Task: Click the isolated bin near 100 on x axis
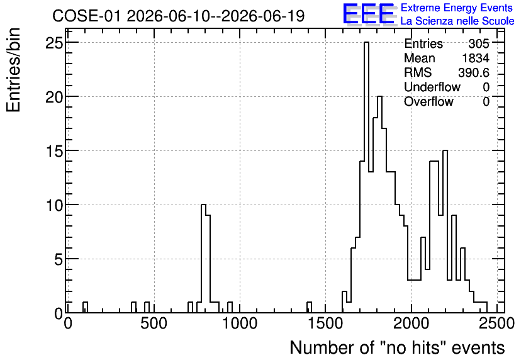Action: click(85, 307)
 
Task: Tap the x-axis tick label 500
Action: click(154, 323)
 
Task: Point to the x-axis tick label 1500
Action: click(325, 323)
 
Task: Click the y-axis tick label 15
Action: click(54, 151)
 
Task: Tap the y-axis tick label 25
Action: click(54, 43)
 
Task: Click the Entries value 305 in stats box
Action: click(479, 43)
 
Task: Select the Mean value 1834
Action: click(476, 58)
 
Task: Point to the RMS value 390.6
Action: click(474, 72)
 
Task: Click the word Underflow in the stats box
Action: click(432, 87)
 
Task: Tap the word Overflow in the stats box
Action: click(428, 101)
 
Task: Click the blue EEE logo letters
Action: click(369, 14)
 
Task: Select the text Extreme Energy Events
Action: click(457, 8)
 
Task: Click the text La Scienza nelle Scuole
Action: click(457, 21)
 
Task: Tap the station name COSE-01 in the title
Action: click(86, 16)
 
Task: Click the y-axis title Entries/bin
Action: click(14, 70)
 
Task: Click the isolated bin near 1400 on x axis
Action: click(309, 307)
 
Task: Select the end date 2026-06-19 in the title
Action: click(263, 16)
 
